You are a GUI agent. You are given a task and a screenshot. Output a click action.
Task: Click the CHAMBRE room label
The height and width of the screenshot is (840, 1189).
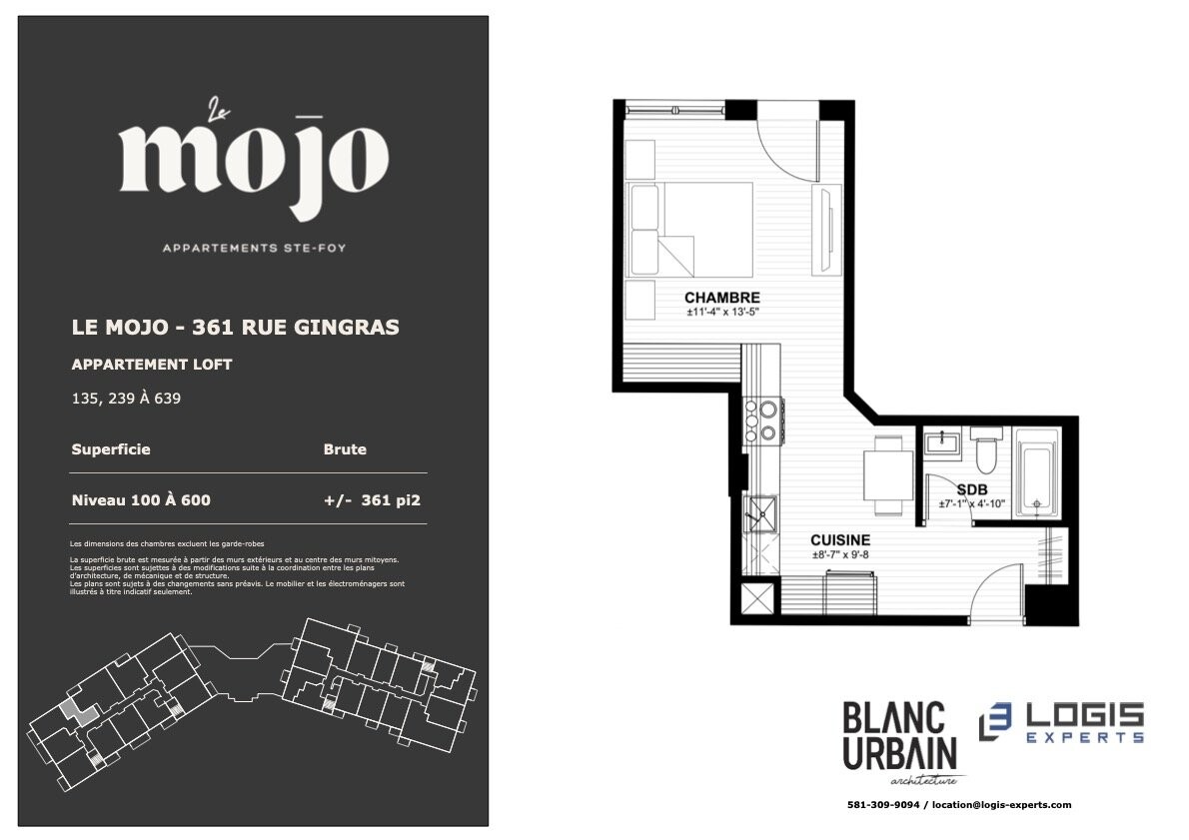(x=721, y=298)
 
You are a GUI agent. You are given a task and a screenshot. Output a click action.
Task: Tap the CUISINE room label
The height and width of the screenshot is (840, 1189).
(x=840, y=540)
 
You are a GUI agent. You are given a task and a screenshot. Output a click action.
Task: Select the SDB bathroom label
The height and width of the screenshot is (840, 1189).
(x=971, y=489)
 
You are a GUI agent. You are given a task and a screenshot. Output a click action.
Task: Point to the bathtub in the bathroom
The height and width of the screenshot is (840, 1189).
(x=1036, y=473)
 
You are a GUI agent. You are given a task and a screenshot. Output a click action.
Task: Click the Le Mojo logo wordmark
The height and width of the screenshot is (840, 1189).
(x=254, y=161)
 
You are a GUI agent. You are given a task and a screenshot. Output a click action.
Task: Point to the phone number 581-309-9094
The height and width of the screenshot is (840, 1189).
(x=882, y=805)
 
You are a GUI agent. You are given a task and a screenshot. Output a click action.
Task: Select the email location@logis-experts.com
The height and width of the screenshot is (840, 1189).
(x=1002, y=805)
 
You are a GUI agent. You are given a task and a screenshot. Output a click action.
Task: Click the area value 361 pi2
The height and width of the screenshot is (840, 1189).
(x=391, y=500)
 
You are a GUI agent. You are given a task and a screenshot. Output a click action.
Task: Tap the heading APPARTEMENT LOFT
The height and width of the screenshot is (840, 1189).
(x=152, y=365)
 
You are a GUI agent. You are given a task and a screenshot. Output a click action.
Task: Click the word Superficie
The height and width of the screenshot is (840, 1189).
(x=111, y=449)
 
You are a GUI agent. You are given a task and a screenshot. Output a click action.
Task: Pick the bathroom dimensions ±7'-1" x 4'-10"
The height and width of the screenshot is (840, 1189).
(x=971, y=503)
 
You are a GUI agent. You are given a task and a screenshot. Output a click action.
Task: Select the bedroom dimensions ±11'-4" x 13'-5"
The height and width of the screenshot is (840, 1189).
(x=721, y=312)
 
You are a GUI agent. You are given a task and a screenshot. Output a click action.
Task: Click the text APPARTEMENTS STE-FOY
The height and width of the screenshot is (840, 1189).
(x=254, y=248)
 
